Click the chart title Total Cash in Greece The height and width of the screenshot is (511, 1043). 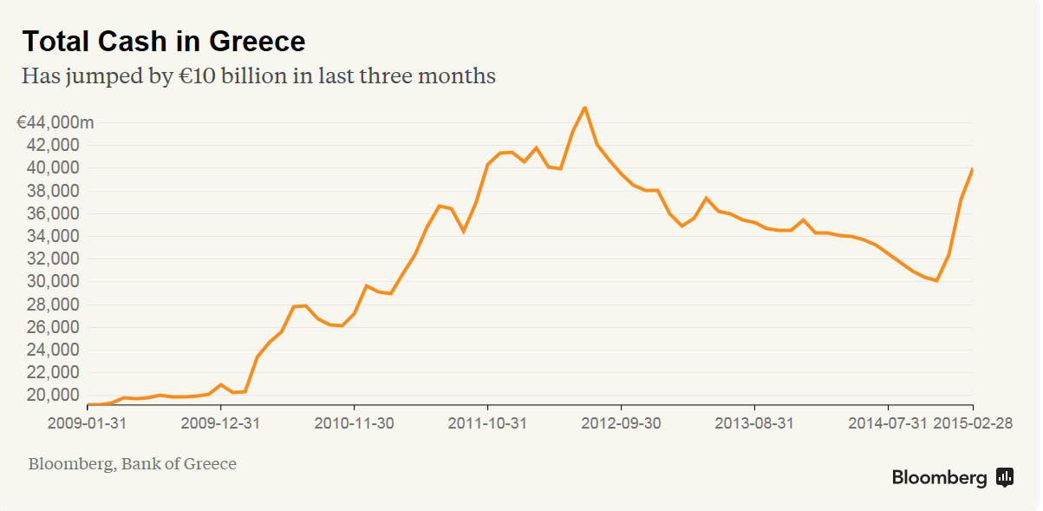(x=163, y=42)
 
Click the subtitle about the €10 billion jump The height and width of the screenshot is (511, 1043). (x=258, y=76)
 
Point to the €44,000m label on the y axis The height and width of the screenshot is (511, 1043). (x=55, y=122)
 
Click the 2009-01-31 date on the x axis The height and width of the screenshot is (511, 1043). (x=87, y=423)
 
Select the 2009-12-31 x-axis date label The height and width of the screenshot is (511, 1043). (x=220, y=423)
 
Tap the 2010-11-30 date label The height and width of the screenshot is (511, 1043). (x=354, y=423)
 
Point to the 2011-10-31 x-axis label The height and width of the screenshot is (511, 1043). (x=487, y=423)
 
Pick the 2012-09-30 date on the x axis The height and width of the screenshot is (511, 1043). (x=621, y=423)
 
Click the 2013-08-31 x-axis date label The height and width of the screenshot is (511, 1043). (x=754, y=423)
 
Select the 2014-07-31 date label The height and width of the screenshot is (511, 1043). (x=886, y=423)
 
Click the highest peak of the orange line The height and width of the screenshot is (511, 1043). (x=585, y=108)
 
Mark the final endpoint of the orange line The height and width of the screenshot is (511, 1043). (x=973, y=169)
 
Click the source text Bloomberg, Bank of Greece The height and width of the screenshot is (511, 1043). (x=132, y=464)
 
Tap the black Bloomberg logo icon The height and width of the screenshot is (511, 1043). (x=1005, y=476)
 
